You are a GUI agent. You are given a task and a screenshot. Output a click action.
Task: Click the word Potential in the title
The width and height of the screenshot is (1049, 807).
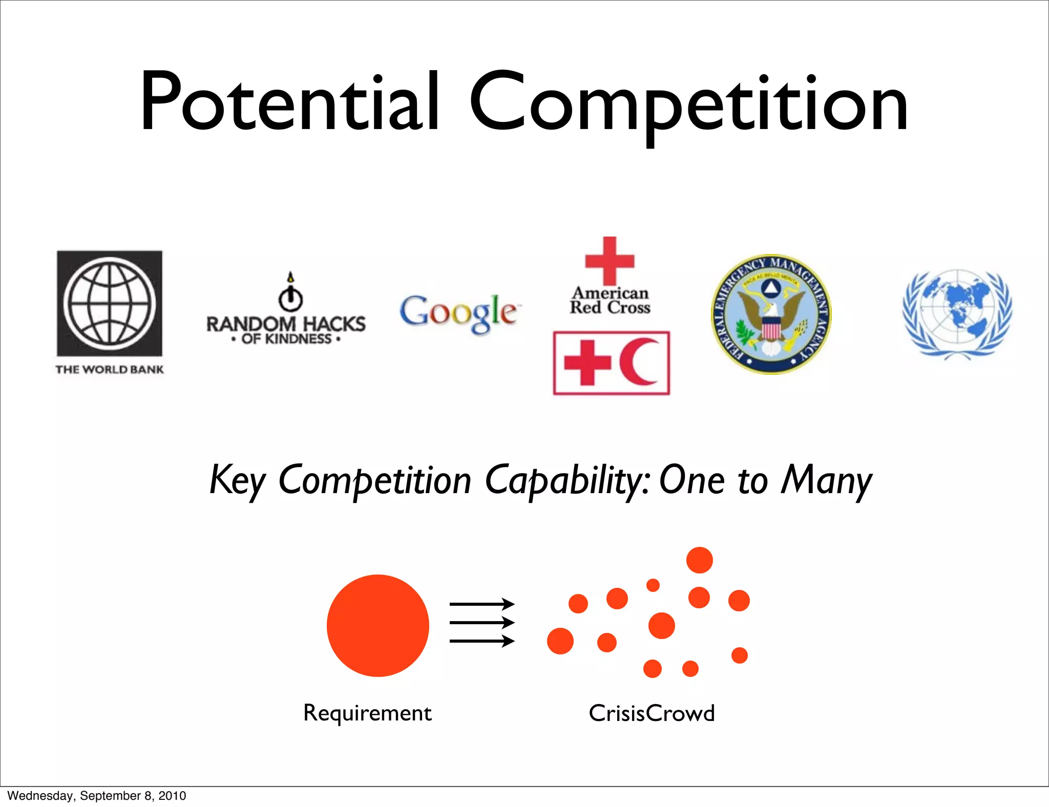click(289, 102)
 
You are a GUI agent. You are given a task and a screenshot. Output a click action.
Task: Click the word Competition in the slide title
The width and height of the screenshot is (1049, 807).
click(689, 105)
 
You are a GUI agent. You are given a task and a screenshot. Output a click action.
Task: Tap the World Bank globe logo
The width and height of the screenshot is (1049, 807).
click(110, 303)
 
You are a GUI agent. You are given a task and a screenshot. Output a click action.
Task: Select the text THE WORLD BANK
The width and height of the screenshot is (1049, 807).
click(110, 370)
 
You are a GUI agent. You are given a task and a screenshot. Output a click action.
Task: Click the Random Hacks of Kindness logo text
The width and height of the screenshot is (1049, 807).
click(286, 330)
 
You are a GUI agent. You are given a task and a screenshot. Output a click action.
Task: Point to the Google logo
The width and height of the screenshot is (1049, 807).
click(458, 312)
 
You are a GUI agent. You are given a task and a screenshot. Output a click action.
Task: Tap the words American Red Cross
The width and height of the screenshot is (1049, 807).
click(610, 301)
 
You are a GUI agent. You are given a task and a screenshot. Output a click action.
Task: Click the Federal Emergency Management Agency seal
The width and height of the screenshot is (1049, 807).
click(771, 314)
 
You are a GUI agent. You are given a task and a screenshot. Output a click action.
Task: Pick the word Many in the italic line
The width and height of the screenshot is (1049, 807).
click(826, 480)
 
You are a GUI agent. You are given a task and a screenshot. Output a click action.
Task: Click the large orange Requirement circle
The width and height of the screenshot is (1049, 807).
click(378, 625)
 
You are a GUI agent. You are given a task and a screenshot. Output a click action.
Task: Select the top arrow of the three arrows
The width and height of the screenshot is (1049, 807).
click(482, 604)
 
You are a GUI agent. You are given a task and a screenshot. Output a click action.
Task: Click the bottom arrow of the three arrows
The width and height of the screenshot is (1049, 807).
click(482, 641)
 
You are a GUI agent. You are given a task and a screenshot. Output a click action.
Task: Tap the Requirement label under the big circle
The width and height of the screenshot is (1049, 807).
click(367, 713)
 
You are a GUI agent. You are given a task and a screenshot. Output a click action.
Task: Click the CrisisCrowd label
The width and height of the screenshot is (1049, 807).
click(652, 713)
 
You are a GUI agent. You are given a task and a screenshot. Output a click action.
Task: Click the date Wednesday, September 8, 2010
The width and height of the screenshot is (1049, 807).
click(97, 796)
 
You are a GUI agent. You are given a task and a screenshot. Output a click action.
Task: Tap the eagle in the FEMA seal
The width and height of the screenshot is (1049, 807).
click(771, 320)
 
